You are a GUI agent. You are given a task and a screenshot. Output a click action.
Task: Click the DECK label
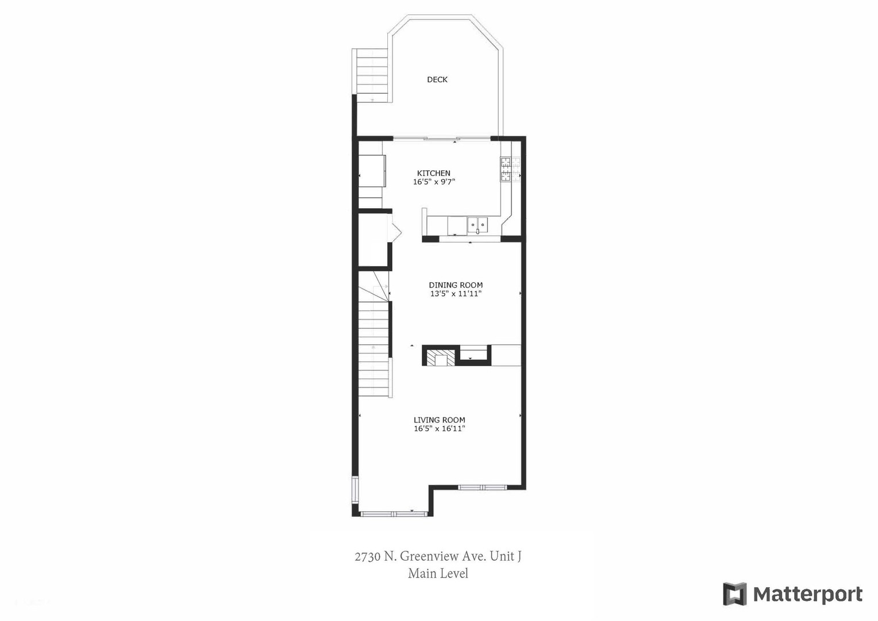tap(437, 80)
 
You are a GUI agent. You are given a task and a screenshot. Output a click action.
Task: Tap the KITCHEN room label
tap(433, 173)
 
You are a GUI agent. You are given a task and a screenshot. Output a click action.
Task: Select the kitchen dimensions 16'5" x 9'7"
tap(434, 182)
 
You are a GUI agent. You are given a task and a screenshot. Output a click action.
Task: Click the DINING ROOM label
tap(456, 285)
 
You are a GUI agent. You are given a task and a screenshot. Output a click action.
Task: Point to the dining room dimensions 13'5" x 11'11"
tap(456, 294)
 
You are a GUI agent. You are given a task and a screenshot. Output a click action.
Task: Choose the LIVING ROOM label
tap(439, 420)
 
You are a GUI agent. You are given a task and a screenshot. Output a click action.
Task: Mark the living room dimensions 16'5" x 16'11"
tap(439, 429)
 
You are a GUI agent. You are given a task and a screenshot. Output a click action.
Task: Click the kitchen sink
tap(477, 225)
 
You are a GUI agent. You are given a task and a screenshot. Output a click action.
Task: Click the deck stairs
tap(372, 75)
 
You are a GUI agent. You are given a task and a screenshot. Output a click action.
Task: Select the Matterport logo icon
tap(734, 594)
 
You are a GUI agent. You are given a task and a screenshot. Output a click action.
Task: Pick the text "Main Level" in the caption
tap(438, 574)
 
